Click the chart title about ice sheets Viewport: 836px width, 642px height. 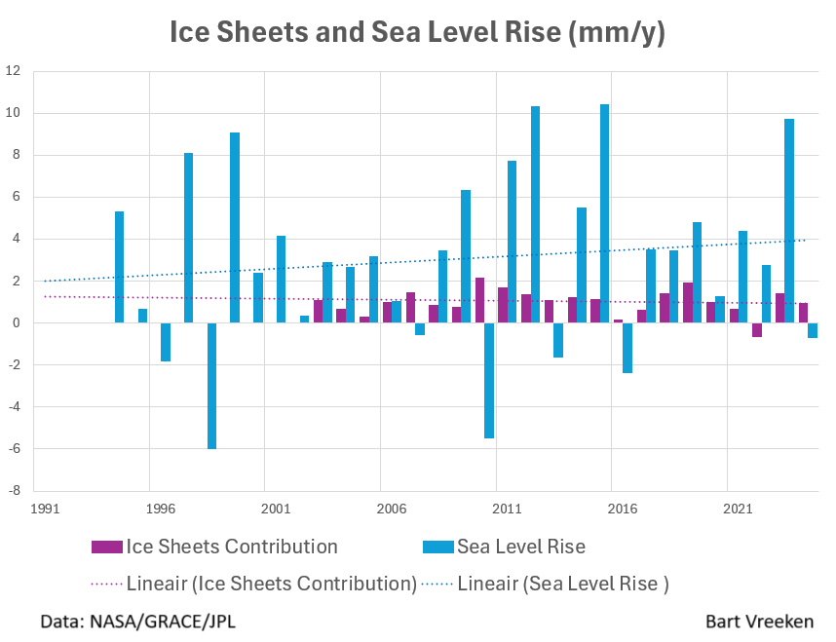[x=417, y=32]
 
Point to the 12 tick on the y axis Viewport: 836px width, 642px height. [x=14, y=71]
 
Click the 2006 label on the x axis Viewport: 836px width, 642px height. [x=392, y=509]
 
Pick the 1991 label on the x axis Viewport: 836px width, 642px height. [x=44, y=509]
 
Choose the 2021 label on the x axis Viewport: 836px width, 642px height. [x=738, y=509]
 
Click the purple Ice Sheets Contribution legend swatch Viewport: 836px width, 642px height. [x=105, y=547]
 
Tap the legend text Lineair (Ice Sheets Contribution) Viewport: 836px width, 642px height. [x=272, y=585]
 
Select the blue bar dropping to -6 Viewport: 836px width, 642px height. [x=211, y=386]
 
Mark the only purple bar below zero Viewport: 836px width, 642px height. [x=757, y=330]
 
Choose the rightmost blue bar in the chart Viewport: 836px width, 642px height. [x=813, y=330]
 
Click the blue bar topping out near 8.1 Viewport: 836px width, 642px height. [x=188, y=238]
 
